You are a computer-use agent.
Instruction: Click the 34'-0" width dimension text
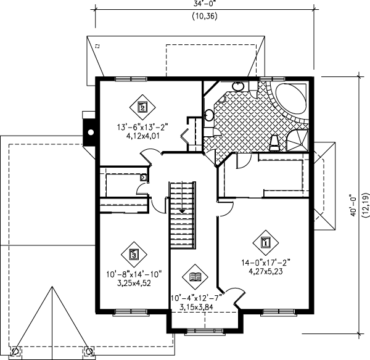point(204,3)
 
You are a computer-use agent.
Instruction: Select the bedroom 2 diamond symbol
point(142,107)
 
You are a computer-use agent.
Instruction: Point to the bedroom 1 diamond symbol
point(265,242)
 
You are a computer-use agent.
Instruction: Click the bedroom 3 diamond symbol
point(134,255)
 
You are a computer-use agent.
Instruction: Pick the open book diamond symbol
point(195,277)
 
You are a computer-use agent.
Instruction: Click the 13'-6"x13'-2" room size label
point(142,127)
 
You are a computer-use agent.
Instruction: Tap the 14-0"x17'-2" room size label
point(265,263)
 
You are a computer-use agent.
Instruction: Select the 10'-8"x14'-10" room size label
point(134,274)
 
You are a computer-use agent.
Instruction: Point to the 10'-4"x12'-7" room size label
point(196,298)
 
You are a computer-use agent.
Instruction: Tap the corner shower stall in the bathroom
point(298,141)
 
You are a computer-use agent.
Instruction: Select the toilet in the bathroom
point(274,143)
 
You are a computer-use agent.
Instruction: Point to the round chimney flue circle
point(91,133)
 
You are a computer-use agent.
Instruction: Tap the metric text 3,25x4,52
point(134,283)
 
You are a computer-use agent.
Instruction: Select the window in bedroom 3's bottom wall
point(131,313)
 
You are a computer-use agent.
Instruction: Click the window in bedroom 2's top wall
point(131,79)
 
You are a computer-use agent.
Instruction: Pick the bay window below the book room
point(205,331)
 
